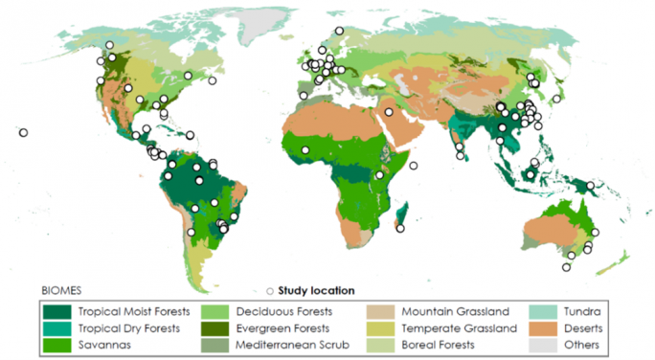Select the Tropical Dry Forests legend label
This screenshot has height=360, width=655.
click(128, 327)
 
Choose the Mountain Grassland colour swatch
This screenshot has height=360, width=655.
click(380, 312)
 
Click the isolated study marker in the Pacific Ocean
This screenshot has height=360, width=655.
click(23, 133)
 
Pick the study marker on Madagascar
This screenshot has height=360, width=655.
click(399, 227)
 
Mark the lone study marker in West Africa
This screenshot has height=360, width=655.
click(305, 150)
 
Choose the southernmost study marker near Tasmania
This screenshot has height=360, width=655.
click(567, 268)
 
